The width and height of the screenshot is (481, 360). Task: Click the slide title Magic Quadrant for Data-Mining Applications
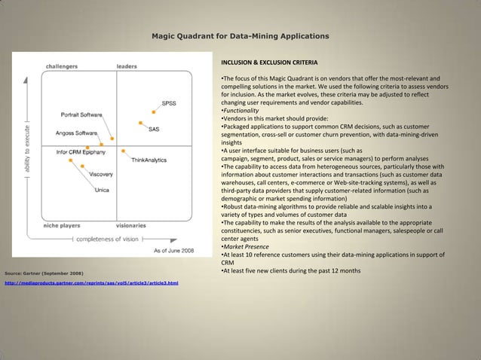(x=240, y=35)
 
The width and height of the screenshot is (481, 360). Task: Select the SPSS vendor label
(x=170, y=103)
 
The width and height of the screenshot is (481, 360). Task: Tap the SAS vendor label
(x=153, y=130)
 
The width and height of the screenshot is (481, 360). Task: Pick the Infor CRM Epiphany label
(x=81, y=151)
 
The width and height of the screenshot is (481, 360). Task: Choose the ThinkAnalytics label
(x=149, y=160)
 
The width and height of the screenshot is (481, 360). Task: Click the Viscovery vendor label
(x=102, y=174)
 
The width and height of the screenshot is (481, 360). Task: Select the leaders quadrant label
(x=127, y=66)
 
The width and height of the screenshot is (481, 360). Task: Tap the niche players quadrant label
(x=62, y=224)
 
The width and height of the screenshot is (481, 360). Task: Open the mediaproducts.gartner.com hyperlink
(x=91, y=282)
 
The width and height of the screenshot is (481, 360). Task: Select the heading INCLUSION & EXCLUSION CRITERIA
(x=269, y=62)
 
